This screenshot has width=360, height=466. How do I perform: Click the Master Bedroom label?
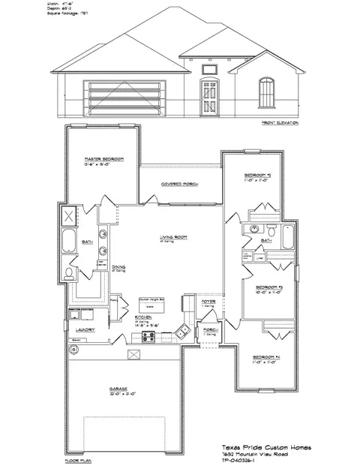pos(103,160)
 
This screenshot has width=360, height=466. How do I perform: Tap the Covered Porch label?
pos(179,183)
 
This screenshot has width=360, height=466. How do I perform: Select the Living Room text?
pos(172,239)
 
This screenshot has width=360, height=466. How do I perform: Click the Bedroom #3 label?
pos(268,287)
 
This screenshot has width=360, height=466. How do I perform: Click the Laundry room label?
pos(83,329)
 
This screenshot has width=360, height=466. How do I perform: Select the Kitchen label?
pos(144,317)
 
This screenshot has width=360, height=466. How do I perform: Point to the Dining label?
pos(118,266)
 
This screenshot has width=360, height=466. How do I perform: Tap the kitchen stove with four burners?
pos(148,335)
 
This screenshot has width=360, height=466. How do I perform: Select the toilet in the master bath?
pos(70,271)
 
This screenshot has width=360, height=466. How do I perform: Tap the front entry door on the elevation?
pos(206,97)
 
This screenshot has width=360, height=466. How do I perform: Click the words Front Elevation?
pos(279,122)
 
